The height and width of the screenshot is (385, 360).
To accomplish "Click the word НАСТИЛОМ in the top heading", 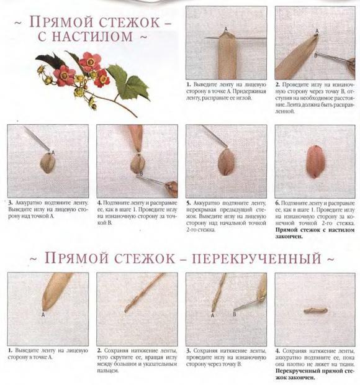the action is tap(93, 36).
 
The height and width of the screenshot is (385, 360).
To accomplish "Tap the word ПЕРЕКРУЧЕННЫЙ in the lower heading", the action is tap(256, 259).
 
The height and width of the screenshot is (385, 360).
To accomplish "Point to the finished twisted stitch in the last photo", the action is tap(315, 310).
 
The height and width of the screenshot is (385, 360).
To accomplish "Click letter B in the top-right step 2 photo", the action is tap(315, 55).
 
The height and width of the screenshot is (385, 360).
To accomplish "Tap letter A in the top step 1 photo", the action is tap(226, 29).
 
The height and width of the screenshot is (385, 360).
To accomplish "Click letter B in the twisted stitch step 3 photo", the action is tap(235, 314).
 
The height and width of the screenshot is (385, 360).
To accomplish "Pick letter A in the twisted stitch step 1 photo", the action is tap(43, 315).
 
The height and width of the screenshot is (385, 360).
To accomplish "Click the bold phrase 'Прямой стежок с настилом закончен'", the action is tap(315, 233).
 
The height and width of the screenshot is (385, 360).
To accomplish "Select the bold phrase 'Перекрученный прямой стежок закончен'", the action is tap(315, 374).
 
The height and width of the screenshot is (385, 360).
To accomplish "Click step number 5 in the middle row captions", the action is tap(188, 203).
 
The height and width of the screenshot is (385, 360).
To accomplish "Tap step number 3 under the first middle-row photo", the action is tap(10, 203).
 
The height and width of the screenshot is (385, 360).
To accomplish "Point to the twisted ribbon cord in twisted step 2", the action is tap(144, 292).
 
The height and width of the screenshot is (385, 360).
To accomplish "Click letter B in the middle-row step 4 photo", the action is tap(142, 174).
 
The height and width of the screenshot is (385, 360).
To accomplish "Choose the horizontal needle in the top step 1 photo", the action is tap(236, 38).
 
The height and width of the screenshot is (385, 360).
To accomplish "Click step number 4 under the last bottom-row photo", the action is tap(277, 351).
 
